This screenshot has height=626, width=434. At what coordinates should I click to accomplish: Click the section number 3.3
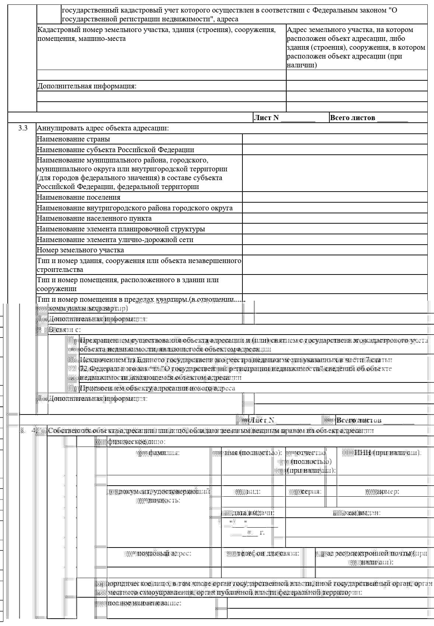coord(23,128)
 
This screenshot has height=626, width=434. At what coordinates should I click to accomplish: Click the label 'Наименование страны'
coord(73,139)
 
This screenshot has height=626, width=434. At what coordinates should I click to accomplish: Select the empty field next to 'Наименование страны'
coord(335,139)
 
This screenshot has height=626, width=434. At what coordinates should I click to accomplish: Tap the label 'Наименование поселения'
coord(78,197)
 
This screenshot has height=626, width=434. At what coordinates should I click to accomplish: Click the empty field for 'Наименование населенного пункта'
coord(335,218)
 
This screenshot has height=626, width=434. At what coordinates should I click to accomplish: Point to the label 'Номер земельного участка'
coord(80,250)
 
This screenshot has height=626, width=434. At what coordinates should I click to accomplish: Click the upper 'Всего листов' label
coord(353,118)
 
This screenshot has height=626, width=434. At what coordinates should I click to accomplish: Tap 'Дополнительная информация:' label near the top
coord(87,86)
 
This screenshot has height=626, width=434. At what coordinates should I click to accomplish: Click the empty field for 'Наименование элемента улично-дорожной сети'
coord(335,240)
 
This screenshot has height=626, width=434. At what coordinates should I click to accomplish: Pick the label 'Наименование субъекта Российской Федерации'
coord(115,150)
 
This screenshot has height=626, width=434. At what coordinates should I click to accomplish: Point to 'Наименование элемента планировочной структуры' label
coord(121,229)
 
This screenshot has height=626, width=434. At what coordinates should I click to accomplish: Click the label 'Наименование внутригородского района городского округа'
coord(134,208)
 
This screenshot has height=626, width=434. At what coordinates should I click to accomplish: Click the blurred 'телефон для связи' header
coord(262,553)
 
